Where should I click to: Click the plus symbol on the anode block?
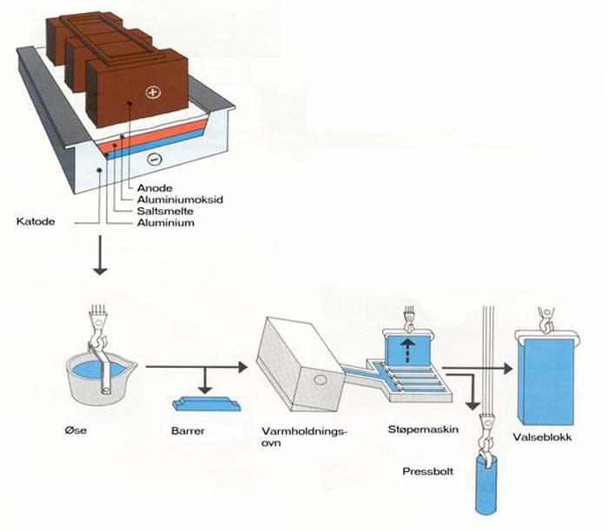[x=154, y=92]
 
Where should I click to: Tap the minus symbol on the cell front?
[x=153, y=159]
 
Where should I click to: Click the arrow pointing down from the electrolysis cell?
[x=101, y=259]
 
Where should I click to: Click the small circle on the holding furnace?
[x=322, y=380]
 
